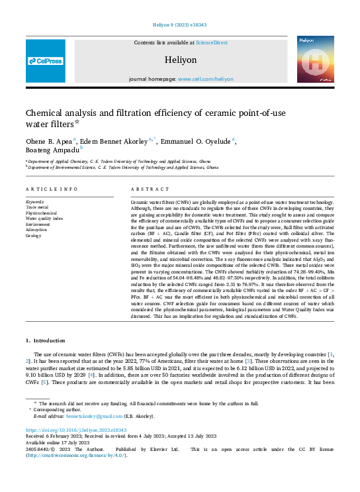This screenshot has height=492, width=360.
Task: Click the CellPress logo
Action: (x=46, y=61)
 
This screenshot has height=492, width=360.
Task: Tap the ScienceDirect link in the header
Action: (x=212, y=42)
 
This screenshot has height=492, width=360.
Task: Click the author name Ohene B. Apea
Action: (x=50, y=141)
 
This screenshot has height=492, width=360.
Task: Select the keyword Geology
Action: (x=34, y=235)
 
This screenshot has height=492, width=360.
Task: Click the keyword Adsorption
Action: (x=38, y=230)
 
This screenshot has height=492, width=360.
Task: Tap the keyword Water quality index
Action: (x=44, y=219)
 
